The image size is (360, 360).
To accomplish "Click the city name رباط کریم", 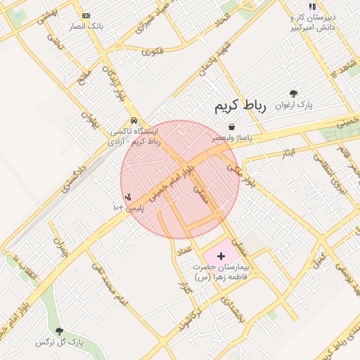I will point(240,107).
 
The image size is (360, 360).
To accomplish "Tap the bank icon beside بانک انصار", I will point(86,15).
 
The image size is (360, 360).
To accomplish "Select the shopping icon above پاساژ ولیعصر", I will point(231,127).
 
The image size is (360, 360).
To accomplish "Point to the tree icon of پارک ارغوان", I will point(293,94).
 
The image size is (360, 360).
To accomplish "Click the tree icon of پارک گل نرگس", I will point(59,330).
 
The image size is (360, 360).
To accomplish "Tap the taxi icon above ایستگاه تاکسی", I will point(134,120).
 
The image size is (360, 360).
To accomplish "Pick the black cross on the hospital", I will point(221,257).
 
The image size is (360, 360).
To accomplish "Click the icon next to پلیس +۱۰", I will point(127,198).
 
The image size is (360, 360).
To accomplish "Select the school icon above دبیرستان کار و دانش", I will point(312,6).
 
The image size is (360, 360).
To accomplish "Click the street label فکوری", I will point(152,51).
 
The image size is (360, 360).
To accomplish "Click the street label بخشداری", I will point(233,309).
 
